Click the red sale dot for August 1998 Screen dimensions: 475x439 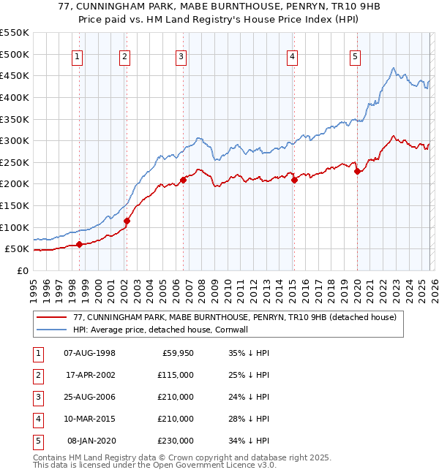click(79, 245)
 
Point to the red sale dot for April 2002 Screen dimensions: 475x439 click(127, 221)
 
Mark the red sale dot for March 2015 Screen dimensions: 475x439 click(293, 180)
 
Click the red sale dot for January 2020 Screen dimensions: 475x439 click(356, 171)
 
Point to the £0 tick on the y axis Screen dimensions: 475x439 click(22, 270)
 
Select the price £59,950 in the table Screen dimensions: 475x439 click(178, 353)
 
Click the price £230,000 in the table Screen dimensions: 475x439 click(175, 441)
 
